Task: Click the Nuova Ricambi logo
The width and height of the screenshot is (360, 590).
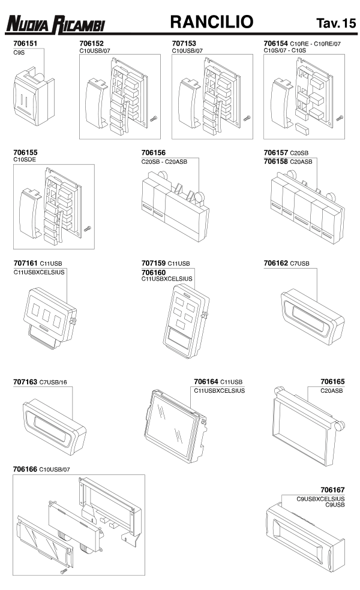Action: point(55,25)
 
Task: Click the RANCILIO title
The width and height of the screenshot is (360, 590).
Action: point(212,22)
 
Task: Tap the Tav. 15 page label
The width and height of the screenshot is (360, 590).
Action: point(336,23)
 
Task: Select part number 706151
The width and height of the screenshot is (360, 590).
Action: point(25,43)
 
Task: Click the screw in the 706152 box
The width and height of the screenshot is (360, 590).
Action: point(153,119)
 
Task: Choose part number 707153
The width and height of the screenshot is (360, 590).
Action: point(184,43)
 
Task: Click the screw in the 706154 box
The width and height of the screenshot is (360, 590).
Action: point(339,118)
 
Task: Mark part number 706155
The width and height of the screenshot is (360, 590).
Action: point(25,152)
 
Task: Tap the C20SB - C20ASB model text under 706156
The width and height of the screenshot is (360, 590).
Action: point(164,162)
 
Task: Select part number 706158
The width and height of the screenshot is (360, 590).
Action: point(275,161)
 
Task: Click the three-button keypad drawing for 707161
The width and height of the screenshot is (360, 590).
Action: point(50,318)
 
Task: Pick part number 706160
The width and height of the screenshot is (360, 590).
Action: point(154,272)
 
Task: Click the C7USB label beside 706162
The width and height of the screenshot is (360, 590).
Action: point(299,263)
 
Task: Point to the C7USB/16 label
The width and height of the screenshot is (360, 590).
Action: point(53,383)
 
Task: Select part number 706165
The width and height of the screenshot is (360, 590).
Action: point(332,381)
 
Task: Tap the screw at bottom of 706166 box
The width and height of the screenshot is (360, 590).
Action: point(64,571)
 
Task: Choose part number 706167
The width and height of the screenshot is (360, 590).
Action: point(332,490)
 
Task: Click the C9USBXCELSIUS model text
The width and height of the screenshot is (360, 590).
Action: point(320,499)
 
